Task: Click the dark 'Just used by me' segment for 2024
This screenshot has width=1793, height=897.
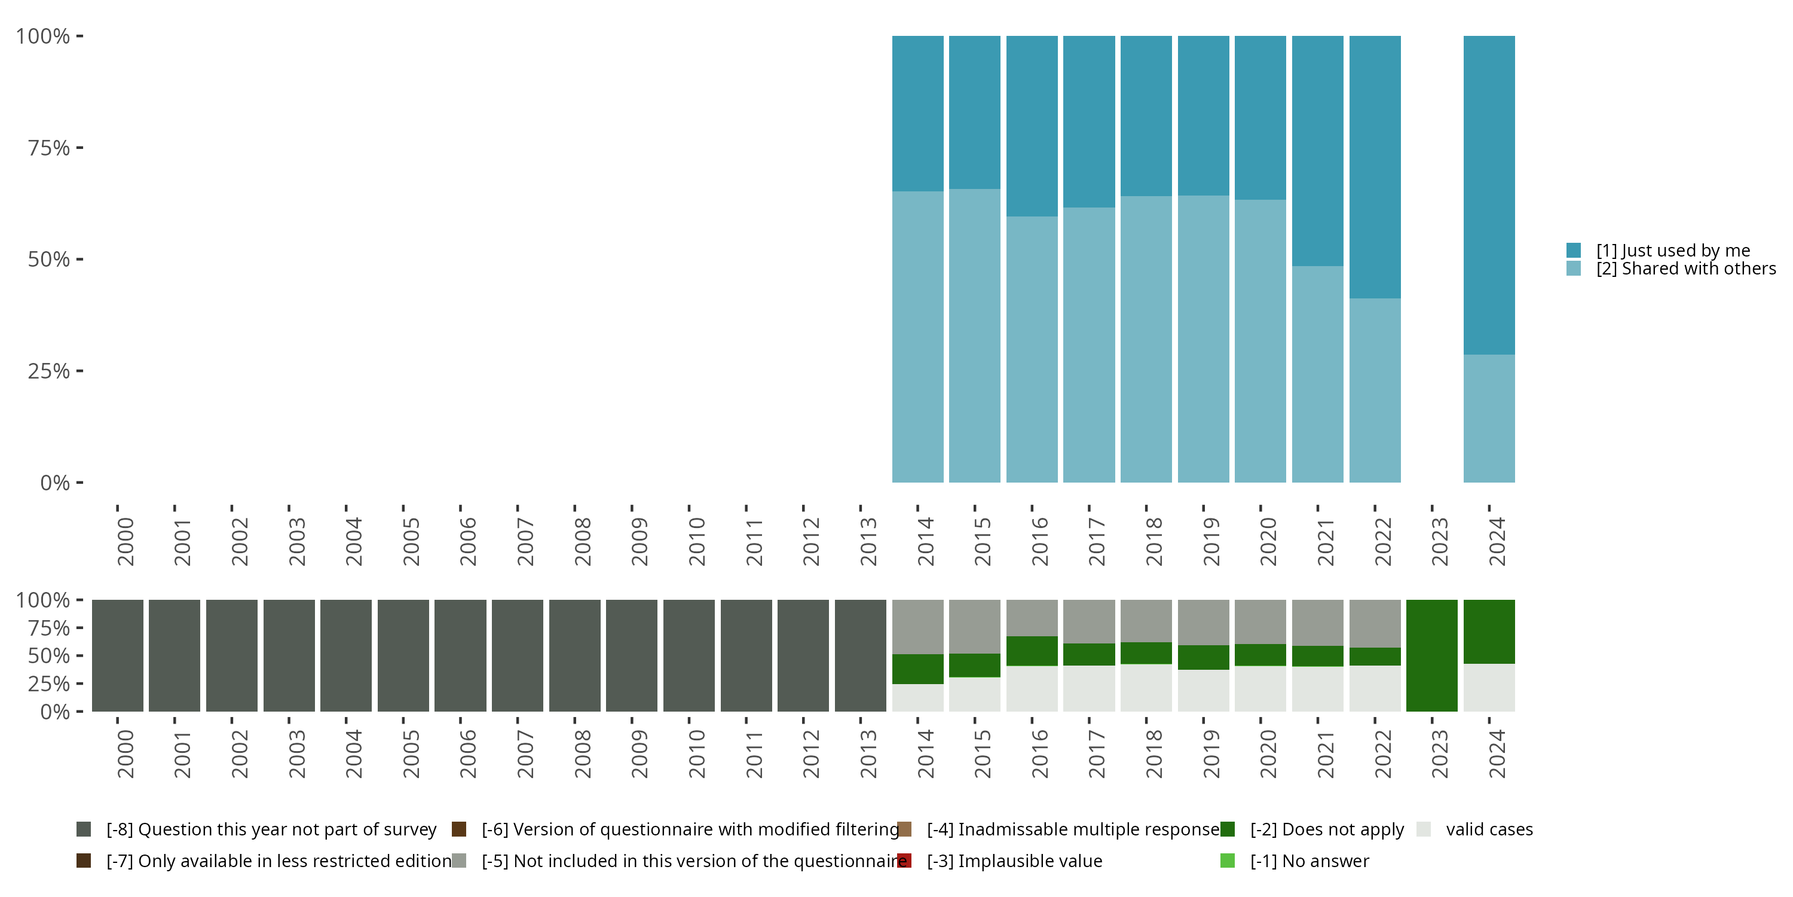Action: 1489,195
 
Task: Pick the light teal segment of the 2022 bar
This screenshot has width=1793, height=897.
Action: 1375,390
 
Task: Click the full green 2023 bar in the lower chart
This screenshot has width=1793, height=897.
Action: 1432,655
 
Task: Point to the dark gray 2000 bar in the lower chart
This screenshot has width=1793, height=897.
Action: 117,655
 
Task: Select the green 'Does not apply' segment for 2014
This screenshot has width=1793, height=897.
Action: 917,669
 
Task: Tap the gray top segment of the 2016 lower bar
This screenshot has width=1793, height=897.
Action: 1032,618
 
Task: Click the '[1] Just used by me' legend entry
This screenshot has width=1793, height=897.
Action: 1673,250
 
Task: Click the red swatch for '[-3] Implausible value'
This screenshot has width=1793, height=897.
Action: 904,861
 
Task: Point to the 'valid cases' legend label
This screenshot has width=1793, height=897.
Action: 1489,829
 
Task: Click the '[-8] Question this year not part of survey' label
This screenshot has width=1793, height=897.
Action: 271,829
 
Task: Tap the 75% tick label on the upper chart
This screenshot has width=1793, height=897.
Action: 49,148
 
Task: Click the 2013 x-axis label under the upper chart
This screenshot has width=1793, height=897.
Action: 868,541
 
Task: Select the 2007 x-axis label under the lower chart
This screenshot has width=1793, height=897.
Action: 525,753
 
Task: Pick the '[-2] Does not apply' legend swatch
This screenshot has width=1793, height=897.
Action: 1227,829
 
